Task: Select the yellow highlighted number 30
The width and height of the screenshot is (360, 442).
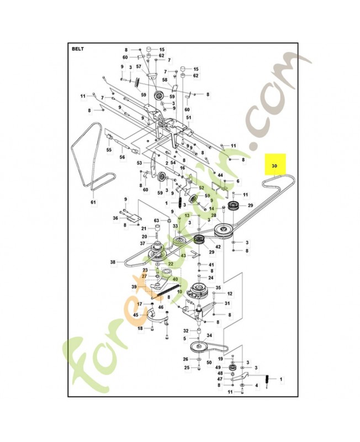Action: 274,166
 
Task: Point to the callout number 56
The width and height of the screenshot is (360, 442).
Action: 122,157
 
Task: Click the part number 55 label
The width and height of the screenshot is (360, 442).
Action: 109,150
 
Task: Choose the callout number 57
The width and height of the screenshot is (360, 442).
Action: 139,66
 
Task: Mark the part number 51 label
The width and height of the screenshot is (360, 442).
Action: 188,118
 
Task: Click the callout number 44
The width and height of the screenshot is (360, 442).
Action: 220,175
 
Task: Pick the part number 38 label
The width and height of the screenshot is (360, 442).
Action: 113,262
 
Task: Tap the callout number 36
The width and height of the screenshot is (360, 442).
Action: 115,218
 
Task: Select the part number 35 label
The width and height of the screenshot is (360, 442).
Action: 218,288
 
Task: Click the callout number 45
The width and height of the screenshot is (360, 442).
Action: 136,315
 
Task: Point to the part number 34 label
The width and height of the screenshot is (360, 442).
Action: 209,335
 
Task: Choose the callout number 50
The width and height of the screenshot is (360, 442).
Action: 209,362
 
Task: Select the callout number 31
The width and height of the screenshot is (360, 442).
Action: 227,303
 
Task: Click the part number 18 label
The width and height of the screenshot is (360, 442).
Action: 140,328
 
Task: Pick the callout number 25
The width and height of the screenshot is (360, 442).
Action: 186,367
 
